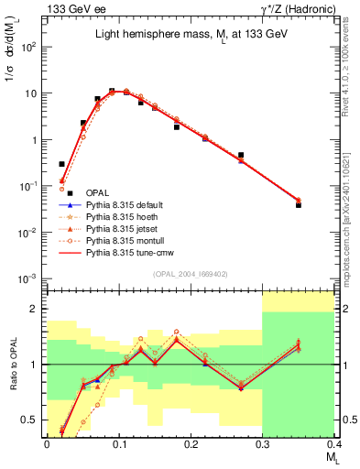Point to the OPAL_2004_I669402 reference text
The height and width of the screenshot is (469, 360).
pyautogui.click(x=189, y=273)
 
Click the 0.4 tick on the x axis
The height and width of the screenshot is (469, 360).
pyautogui.click(x=333, y=442)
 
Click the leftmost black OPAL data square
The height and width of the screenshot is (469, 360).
pyautogui.click(x=61, y=164)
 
